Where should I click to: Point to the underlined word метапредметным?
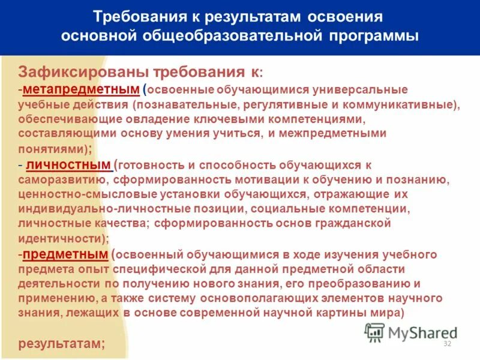(x=80, y=89)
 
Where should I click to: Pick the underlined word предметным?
(x=65, y=254)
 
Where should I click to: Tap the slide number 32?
(x=446, y=343)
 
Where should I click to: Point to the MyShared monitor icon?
(x=375, y=332)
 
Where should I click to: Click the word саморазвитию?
(x=65, y=179)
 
